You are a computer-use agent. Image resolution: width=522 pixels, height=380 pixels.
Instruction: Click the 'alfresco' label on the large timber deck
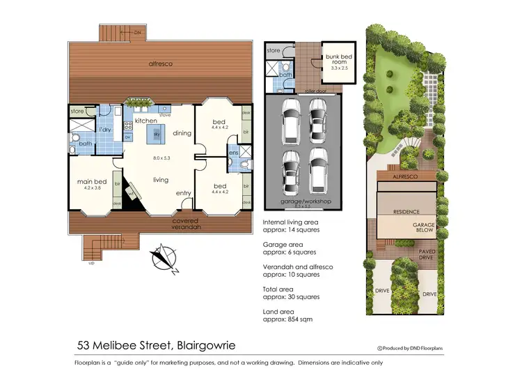tap(160, 63)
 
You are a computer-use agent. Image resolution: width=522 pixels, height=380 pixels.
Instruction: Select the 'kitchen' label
tap(146, 121)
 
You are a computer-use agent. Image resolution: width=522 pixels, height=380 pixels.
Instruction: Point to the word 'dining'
tap(182, 133)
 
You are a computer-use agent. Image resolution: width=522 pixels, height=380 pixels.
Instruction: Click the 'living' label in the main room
tap(161, 180)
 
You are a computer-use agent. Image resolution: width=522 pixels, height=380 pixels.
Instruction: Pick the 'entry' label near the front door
tap(184, 193)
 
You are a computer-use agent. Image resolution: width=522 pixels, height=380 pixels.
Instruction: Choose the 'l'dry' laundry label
tap(105, 130)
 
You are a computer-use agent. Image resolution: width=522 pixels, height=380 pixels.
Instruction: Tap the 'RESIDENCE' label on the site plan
tap(406, 211)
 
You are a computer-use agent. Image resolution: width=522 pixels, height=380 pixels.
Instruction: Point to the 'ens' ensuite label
tap(233, 153)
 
